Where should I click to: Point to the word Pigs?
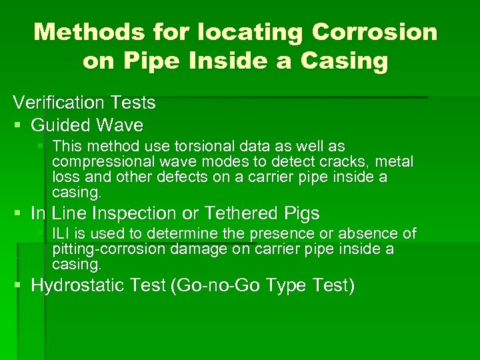[301, 214]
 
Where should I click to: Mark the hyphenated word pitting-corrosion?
[109, 249]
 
